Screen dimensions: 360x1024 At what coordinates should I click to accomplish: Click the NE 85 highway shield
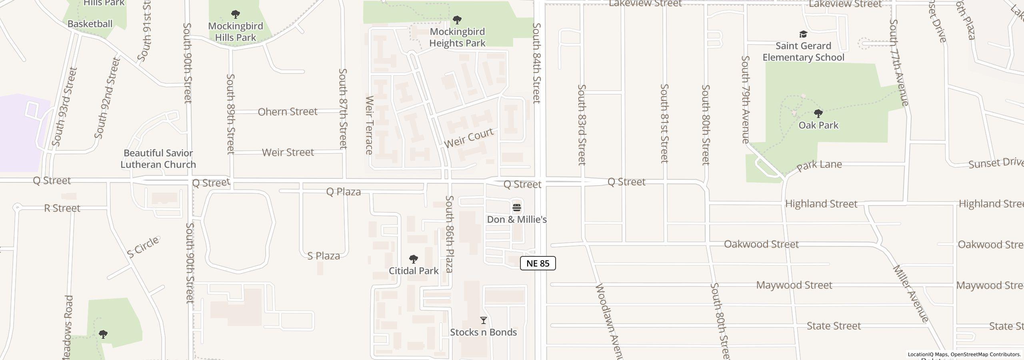pos(538,263)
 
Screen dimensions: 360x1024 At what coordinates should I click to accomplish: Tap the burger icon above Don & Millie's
pos(517,208)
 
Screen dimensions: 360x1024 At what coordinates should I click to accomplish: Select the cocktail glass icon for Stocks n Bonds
pos(484,320)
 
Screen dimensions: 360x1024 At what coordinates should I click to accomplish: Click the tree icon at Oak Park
pos(818,114)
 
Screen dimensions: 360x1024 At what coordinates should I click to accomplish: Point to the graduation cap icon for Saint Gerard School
pos(803,34)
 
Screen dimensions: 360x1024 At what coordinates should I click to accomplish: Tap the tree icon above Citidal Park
pos(414,259)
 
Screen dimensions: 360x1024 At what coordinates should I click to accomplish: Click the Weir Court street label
pos(469,138)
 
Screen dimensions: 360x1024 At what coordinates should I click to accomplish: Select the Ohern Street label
pos(288,112)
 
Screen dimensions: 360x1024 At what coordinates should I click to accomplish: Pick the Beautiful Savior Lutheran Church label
pos(158,159)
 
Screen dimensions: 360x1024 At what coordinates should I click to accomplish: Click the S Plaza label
pos(324,256)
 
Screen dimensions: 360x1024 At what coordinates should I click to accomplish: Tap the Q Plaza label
pos(344,192)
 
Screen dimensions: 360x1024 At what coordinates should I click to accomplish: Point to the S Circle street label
pos(143,247)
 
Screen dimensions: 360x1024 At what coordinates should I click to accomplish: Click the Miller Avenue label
pos(910,294)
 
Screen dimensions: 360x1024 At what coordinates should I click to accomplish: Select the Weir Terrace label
pos(369,125)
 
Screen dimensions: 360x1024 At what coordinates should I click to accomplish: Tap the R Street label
pos(62,208)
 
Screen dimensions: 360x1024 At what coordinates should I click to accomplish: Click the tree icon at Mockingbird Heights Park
pos(457,20)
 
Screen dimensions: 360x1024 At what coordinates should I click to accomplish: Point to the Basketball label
pos(90,24)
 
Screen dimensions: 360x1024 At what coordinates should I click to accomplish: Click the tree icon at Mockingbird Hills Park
pos(236,14)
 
